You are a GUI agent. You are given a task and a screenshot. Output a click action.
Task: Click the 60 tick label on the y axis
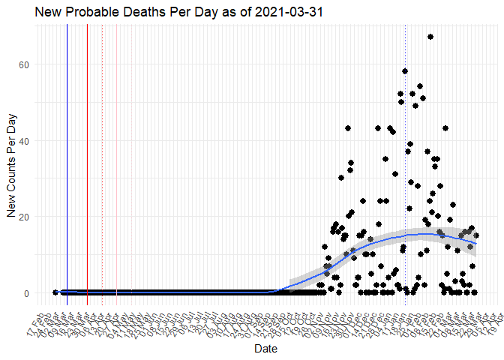(24, 64)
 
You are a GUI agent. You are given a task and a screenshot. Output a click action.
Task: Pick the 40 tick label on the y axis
(24, 141)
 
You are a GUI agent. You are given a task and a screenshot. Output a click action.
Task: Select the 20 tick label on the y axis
(24, 217)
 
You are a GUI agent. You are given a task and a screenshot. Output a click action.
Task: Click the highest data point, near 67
(430, 37)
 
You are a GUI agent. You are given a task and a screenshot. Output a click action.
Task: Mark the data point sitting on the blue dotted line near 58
(405, 71)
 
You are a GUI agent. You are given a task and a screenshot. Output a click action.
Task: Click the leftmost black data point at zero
(55, 292)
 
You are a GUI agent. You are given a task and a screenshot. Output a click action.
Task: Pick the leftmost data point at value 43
(348, 128)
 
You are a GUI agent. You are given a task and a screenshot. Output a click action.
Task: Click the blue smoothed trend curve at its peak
(424, 234)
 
